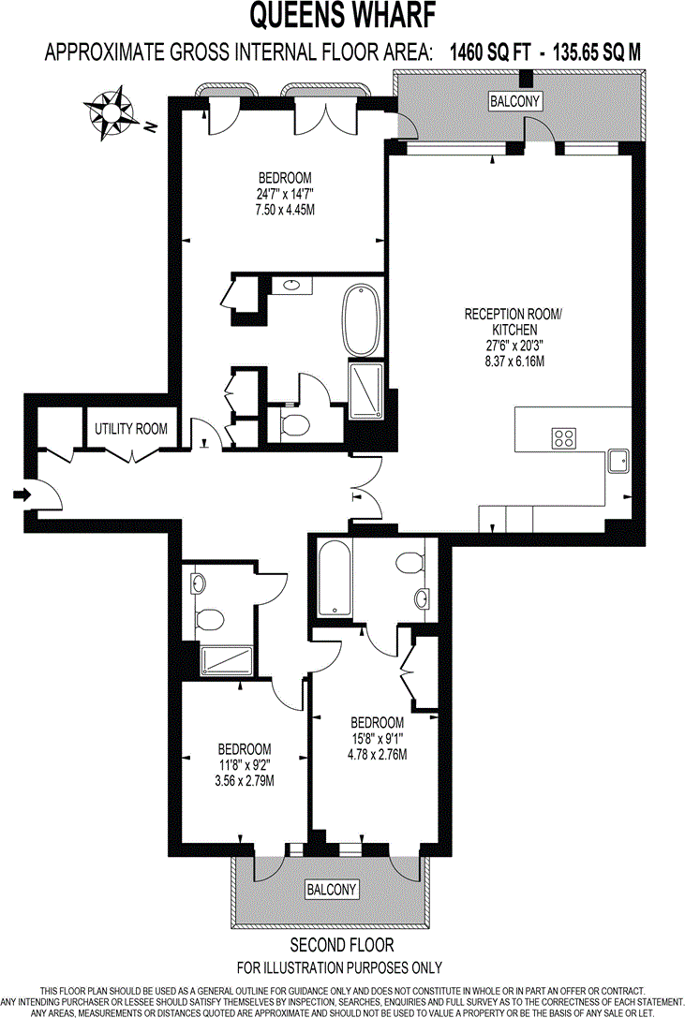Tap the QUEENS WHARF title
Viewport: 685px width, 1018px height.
(342, 16)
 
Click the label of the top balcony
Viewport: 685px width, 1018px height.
(515, 101)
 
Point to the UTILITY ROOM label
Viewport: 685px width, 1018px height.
(131, 429)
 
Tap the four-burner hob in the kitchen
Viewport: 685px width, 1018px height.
(564, 438)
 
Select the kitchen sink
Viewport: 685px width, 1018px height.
(618, 460)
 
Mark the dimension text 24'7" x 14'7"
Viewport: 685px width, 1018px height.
(285, 194)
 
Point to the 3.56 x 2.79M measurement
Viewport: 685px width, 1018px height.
(245, 780)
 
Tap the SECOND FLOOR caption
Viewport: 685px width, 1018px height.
(342, 945)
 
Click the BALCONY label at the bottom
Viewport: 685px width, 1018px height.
(332, 889)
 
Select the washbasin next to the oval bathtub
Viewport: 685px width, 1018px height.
(291, 285)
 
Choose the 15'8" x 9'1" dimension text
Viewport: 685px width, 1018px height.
(378, 739)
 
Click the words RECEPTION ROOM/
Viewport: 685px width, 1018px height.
(514, 314)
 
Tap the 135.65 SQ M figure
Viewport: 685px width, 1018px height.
(582, 52)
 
